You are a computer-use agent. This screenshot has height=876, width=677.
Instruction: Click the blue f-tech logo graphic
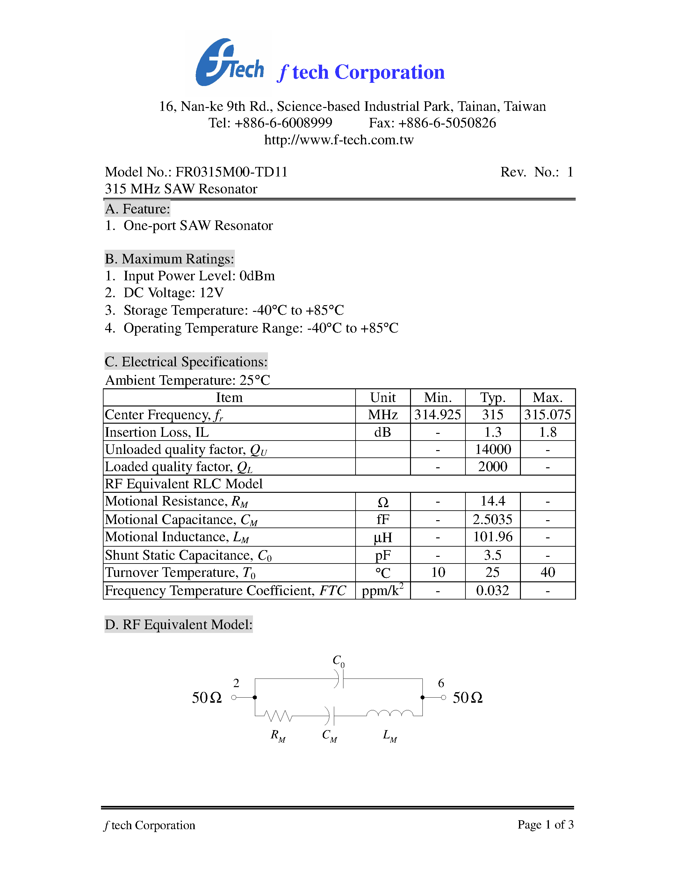(229, 63)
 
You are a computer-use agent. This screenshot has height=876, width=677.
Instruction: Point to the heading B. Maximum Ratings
(169, 259)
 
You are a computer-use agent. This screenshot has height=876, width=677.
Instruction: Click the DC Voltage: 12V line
(164, 293)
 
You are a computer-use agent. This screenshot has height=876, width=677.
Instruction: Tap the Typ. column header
(493, 398)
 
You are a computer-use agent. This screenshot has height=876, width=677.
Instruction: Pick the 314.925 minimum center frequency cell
(437, 415)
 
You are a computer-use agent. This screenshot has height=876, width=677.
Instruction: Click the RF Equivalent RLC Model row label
(184, 484)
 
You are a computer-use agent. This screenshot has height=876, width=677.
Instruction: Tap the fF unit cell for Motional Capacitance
(383, 520)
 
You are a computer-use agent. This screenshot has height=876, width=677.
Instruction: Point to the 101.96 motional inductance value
(493, 537)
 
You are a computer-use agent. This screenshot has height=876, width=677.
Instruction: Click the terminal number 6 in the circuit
(441, 683)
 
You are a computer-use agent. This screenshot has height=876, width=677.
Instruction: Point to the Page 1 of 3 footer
(545, 825)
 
